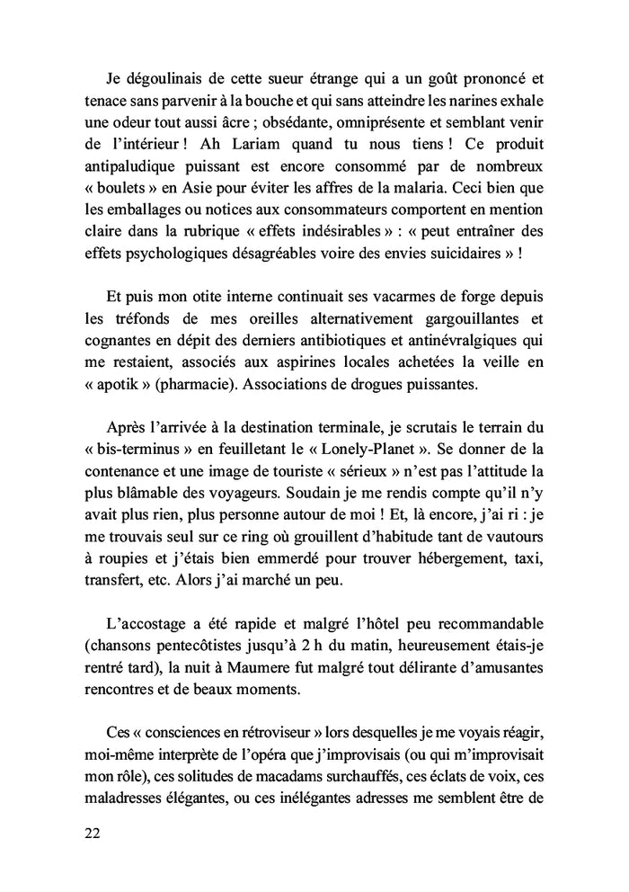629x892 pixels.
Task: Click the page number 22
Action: (x=91, y=833)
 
